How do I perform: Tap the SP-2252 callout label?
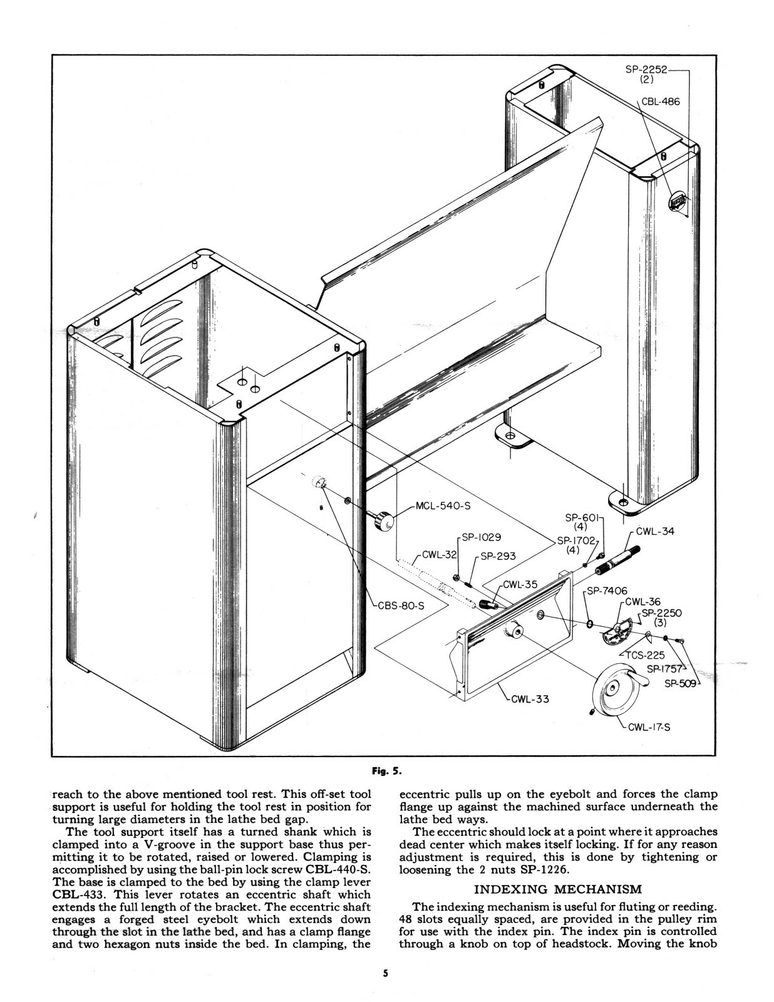click(646, 70)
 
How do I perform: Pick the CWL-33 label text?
click(530, 698)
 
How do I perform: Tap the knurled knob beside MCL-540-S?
click(383, 520)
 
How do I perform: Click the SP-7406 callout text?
click(607, 591)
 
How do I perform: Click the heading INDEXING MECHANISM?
click(558, 889)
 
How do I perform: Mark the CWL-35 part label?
click(520, 584)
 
